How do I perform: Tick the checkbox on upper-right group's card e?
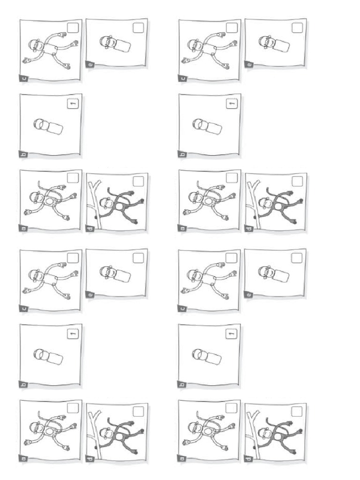point(297,28)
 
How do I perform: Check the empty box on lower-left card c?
point(73,258)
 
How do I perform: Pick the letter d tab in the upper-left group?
point(90,229)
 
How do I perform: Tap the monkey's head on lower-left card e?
point(107,271)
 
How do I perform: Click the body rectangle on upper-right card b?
point(214,127)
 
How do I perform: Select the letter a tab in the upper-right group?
point(182,229)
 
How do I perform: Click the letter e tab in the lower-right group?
point(249,295)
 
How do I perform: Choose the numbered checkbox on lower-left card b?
point(73,334)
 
